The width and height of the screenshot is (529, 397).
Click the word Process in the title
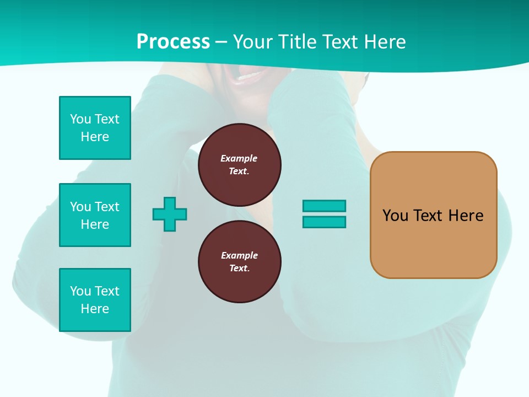click(173, 42)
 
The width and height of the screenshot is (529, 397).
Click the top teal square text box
click(95, 128)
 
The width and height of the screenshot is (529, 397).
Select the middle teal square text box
click(95, 215)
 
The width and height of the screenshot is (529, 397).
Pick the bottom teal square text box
click(95, 300)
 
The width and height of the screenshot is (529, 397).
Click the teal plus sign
click(170, 214)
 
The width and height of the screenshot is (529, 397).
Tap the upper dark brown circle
click(240, 165)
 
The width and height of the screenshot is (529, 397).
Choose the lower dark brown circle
click(240, 262)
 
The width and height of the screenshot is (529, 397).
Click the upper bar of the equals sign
click(324, 206)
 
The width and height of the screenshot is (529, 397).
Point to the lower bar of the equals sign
click(324, 222)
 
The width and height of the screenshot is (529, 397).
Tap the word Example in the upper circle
click(239, 158)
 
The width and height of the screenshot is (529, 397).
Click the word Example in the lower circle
click(239, 255)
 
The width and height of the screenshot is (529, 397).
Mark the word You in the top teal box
click(80, 119)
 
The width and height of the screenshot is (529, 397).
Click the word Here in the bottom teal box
click(95, 309)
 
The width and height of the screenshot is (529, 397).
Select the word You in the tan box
click(395, 216)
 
